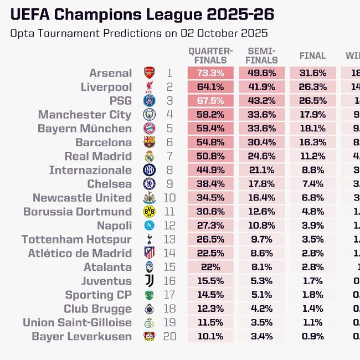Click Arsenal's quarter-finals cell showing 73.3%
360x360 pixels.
(210, 73)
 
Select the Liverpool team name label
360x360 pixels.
(106, 87)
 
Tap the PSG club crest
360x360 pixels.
(150, 101)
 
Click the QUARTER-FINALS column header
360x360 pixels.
(208, 55)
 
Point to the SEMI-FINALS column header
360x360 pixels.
(262, 55)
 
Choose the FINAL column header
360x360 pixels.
(312, 56)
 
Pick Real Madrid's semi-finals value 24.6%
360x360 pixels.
(262, 156)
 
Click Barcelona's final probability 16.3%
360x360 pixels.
(312, 142)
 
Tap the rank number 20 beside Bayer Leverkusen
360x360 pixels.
(169, 336)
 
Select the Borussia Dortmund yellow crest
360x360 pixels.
(150, 212)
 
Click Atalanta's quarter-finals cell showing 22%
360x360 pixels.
(210, 267)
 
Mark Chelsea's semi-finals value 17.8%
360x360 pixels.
(262, 184)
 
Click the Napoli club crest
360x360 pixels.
(150, 225)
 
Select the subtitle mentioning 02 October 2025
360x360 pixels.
(139, 33)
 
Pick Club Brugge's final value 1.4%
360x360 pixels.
(312, 308)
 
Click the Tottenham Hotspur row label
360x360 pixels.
(76, 239)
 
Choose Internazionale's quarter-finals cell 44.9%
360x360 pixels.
(210, 170)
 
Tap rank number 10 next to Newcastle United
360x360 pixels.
(169, 198)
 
